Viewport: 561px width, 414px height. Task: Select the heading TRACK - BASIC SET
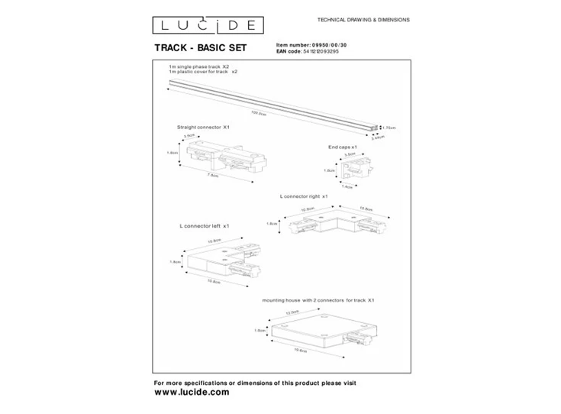click(x=201, y=48)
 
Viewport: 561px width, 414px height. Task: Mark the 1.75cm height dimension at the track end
click(x=389, y=127)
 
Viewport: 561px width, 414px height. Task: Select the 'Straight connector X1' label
click(x=203, y=127)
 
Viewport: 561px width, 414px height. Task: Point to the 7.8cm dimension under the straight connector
click(x=214, y=176)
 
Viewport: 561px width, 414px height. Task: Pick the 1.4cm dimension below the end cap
click(x=348, y=186)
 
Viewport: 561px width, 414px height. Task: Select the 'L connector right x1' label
click(x=304, y=196)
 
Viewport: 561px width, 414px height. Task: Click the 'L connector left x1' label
click(x=205, y=227)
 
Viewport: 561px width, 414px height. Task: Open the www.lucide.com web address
click(x=192, y=391)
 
